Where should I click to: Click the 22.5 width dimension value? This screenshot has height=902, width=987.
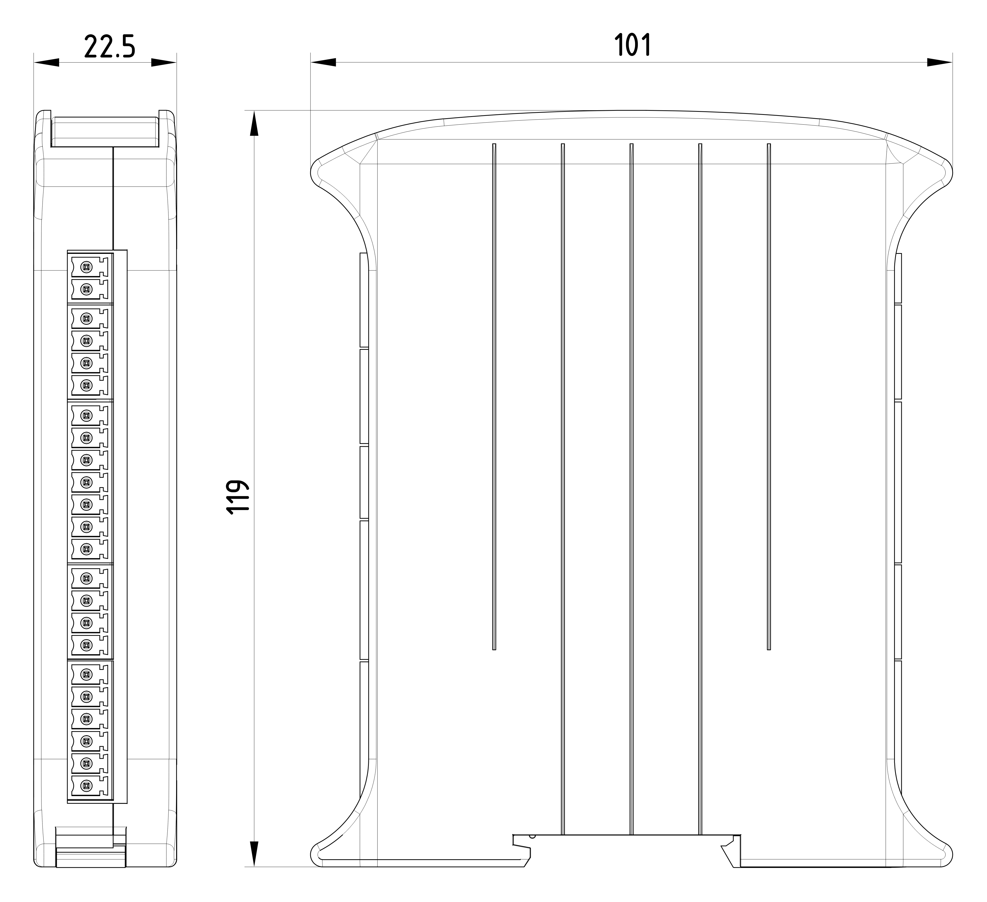coord(110,47)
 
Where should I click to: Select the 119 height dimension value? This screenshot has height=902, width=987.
coord(238,496)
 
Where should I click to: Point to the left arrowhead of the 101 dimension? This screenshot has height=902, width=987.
coord(323,62)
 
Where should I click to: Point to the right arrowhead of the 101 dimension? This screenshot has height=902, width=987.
coord(939,62)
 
